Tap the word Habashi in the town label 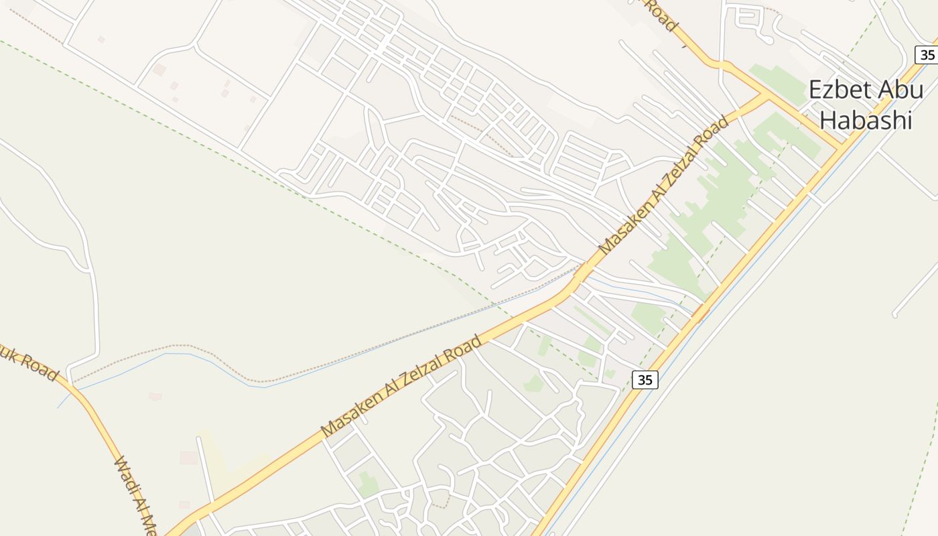(x=866, y=121)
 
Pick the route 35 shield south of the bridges (x=645, y=380)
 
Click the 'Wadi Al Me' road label (x=136, y=493)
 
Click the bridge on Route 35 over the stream (x=699, y=312)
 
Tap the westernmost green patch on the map (x=366, y=484)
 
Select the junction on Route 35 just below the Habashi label (x=840, y=147)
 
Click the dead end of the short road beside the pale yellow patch (x=198, y=439)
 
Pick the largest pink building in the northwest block (x=159, y=69)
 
